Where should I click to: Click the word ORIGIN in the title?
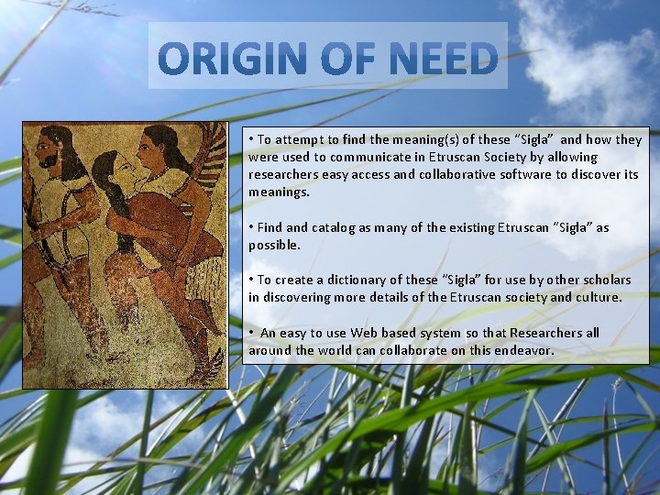(232, 58)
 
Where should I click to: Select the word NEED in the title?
(444, 58)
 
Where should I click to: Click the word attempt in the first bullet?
(300, 140)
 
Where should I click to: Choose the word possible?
(274, 246)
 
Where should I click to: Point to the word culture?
(598, 298)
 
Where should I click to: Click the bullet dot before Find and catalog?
(251, 227)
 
